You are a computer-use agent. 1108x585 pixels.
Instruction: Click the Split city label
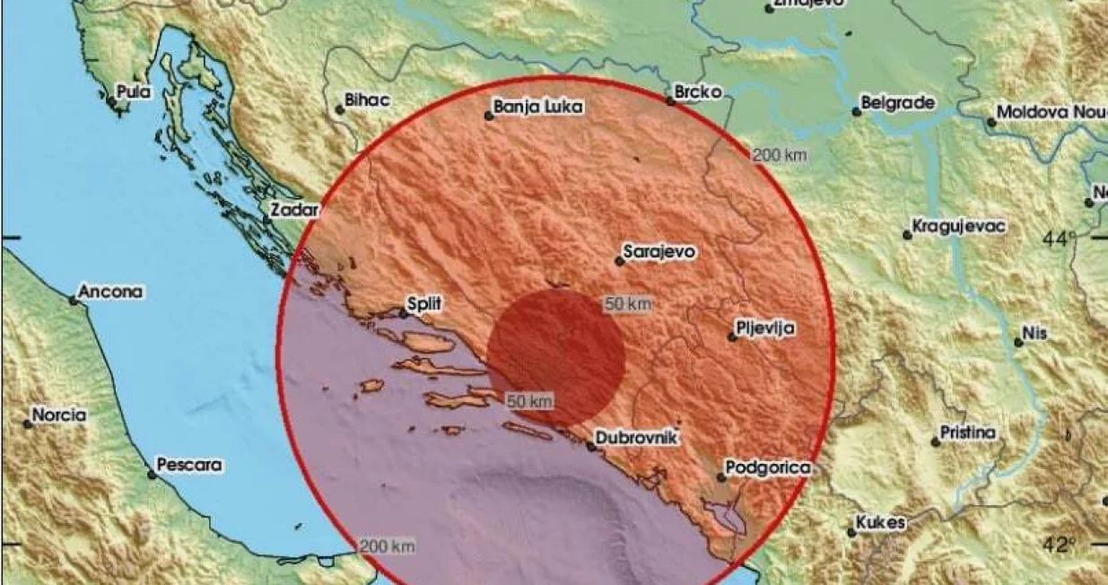[424, 305]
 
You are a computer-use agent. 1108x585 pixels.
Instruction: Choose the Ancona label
[110, 292]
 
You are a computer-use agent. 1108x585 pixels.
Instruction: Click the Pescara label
[188, 466]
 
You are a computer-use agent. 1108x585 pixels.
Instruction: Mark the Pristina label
[967, 433]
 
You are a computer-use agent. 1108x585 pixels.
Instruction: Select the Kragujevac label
[957, 226]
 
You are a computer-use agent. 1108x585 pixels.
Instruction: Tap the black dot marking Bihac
[340, 110]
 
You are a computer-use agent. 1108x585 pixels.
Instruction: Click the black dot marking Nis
[1018, 342]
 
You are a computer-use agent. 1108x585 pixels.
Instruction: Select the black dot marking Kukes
[851, 531]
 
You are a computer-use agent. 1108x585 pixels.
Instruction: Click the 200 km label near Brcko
[780, 155]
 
